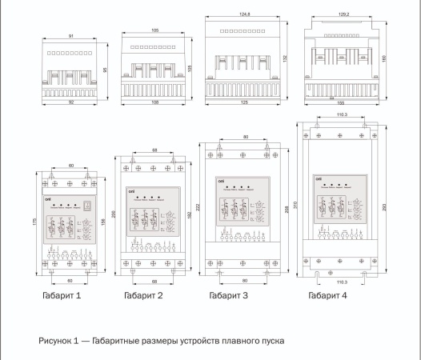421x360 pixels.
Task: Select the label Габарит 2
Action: tap(144, 295)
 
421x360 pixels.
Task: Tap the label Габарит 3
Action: tap(229, 295)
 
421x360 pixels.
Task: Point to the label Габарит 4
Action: tap(328, 295)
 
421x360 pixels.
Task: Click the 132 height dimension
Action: tap(286, 58)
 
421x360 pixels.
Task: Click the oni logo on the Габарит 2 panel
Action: tap(131, 191)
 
